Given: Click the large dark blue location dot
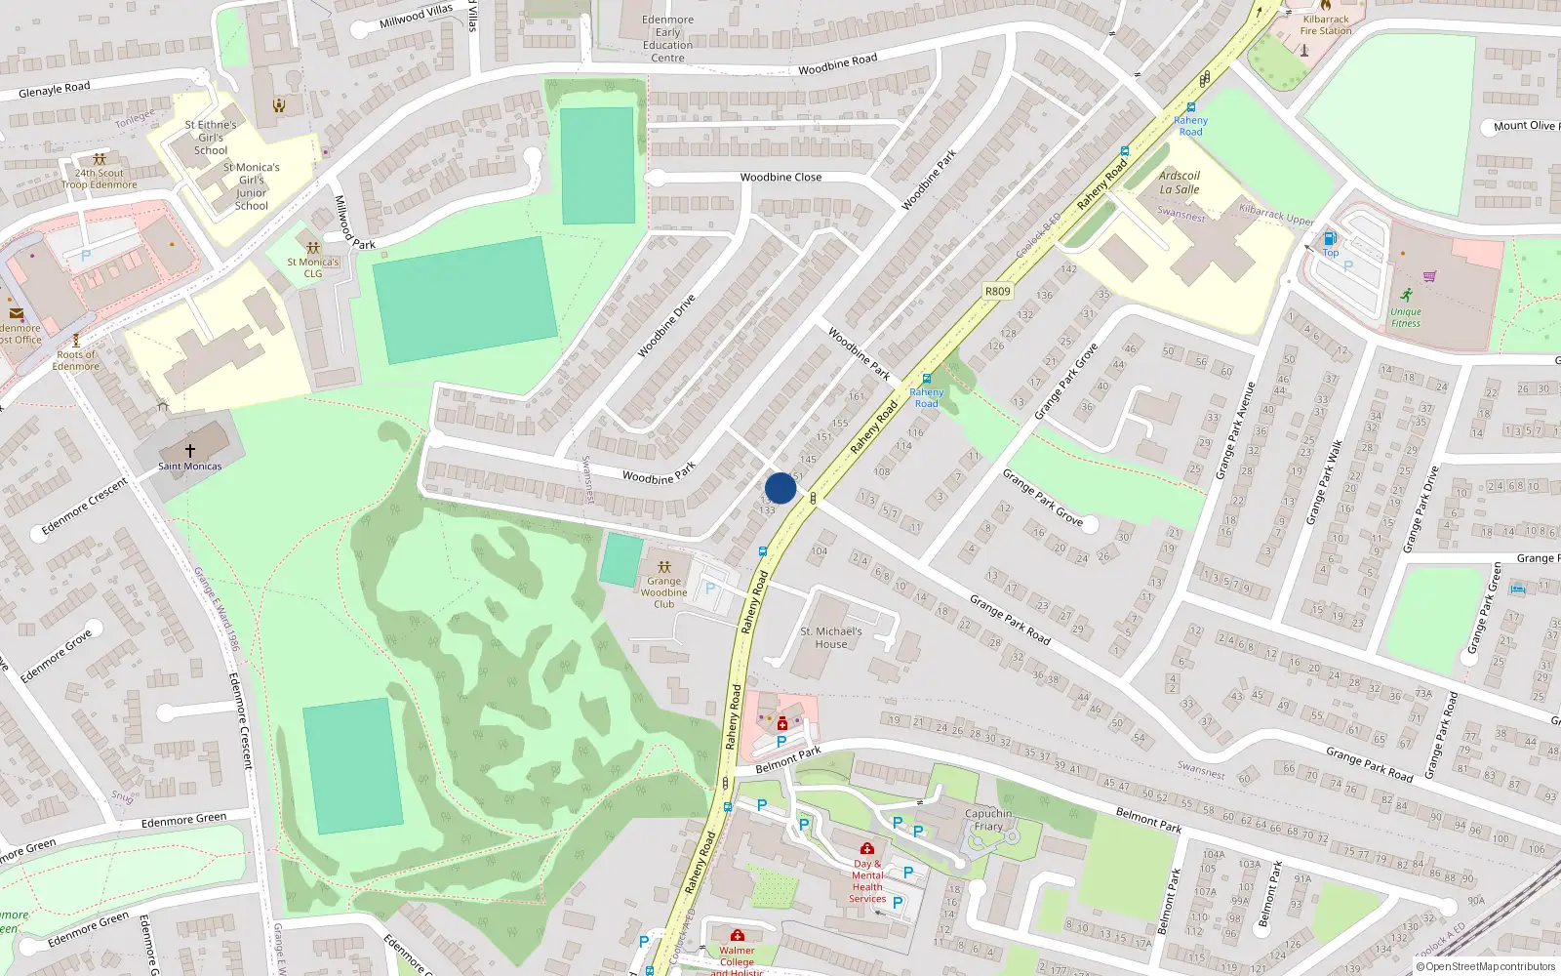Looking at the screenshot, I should click(x=780, y=488).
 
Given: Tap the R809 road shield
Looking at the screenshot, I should click(x=997, y=291).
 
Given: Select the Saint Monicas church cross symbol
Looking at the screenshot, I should click(x=190, y=450).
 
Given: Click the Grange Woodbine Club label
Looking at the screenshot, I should click(x=663, y=592).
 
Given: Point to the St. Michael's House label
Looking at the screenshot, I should click(x=831, y=637).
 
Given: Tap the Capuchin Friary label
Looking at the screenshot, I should click(x=988, y=820).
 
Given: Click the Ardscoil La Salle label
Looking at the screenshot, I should click(x=1179, y=183).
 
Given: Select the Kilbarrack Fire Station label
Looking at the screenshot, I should click(x=1326, y=24).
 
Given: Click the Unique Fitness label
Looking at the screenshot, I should click(x=1406, y=317).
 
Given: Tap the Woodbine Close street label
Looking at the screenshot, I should click(x=780, y=177).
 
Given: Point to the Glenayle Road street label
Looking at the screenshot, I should click(x=55, y=90).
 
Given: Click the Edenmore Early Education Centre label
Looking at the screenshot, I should click(x=668, y=39).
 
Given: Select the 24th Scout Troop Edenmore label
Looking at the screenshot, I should click(x=100, y=179).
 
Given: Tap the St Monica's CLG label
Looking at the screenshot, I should click(x=313, y=267).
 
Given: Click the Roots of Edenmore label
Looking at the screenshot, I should click(x=76, y=360).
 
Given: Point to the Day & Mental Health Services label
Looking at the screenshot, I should click(x=867, y=881).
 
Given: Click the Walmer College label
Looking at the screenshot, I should click(x=737, y=956).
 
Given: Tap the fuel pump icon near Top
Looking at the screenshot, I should click(x=1329, y=238).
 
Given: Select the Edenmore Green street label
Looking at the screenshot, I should click(x=183, y=821).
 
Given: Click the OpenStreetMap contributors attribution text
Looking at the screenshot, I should click(x=1486, y=966).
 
